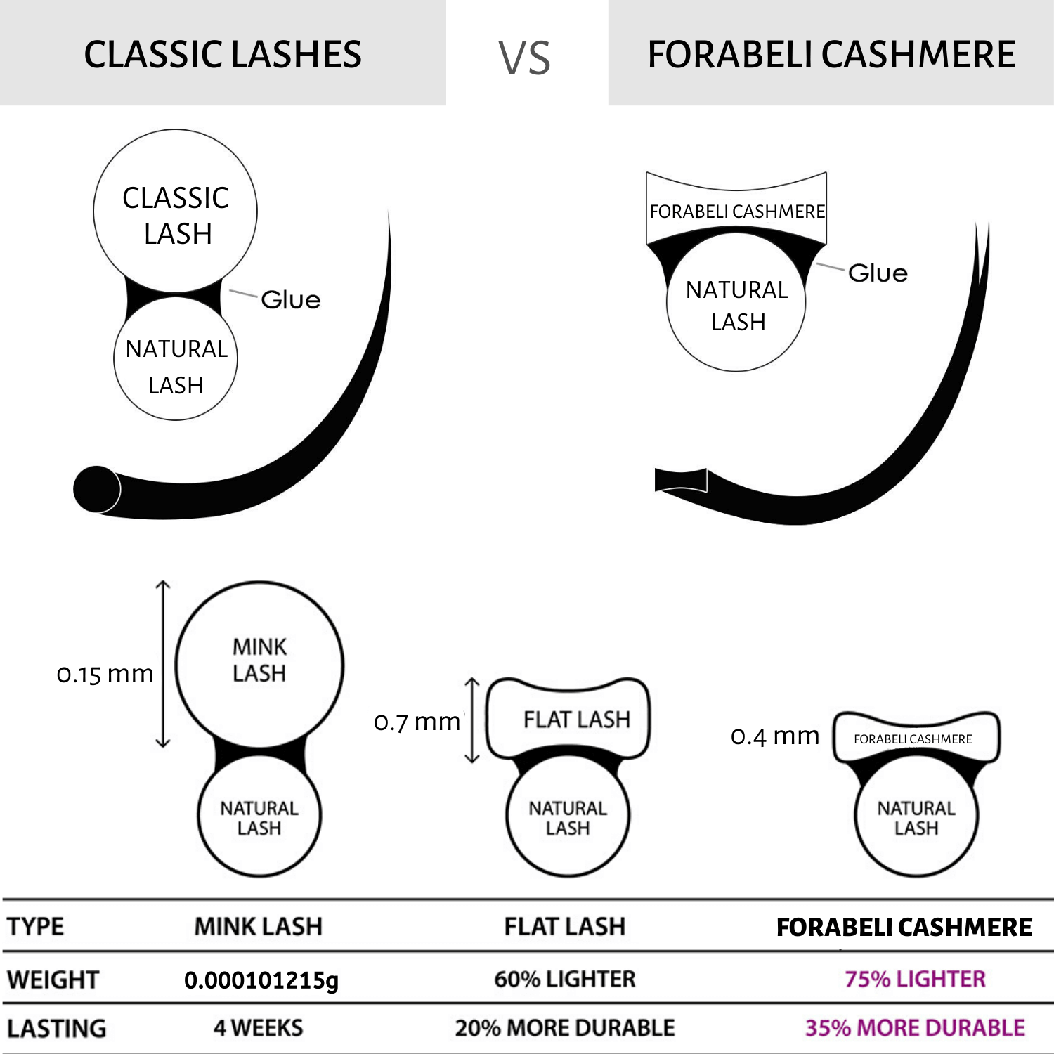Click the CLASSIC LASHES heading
point(223,55)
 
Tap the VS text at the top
point(524,58)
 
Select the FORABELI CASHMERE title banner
point(831,55)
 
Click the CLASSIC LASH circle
point(176,211)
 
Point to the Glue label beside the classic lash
point(290,300)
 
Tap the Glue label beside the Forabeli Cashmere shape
point(878,273)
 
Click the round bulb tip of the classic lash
point(96,489)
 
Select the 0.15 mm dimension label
point(105,675)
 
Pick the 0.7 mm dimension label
point(417,722)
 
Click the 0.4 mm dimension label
point(775,736)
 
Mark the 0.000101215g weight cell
point(261,980)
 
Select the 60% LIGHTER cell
point(565,979)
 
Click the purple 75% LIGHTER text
point(915,979)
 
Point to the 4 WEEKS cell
point(259,1028)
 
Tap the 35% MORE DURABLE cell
point(915,1028)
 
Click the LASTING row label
point(56,1029)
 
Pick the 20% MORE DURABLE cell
point(565,1028)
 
